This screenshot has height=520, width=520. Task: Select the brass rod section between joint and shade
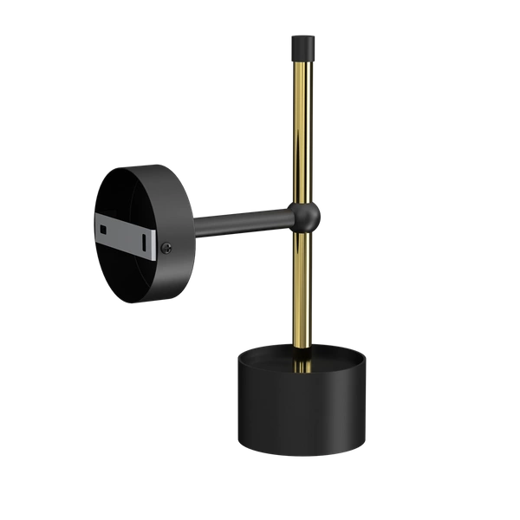(302, 286)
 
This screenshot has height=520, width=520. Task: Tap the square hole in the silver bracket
(104, 229)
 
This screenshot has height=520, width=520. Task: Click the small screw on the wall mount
(166, 249)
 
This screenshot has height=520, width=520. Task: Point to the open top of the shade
(302, 358)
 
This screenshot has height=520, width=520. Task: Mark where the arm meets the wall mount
(197, 227)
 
